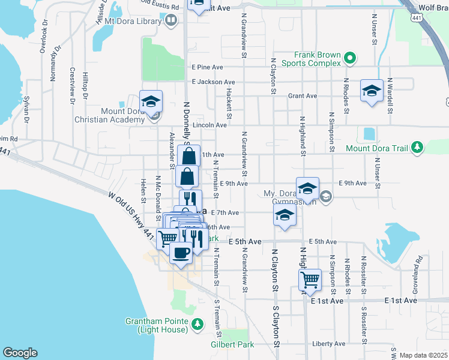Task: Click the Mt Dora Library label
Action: click(133, 21)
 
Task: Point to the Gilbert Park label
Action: click(232, 344)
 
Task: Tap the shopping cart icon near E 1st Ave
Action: click(310, 279)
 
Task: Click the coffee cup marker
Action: click(180, 253)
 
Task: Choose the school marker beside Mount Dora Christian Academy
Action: click(151, 100)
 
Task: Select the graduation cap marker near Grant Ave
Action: click(372, 91)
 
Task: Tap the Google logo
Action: click(20, 353)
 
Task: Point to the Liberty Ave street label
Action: click(329, 344)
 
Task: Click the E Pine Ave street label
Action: click(207, 67)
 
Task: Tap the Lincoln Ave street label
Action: click(212, 125)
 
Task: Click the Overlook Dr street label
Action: click(43, 39)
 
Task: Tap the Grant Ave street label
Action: click(303, 95)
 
